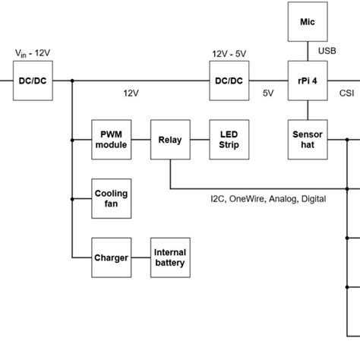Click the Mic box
click(308, 22)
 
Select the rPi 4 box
click(308, 80)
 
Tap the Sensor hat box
click(308, 140)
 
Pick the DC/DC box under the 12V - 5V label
click(229, 80)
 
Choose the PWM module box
click(111, 140)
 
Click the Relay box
click(170, 140)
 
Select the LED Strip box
click(229, 140)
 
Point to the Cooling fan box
click(111, 199)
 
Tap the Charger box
click(111, 257)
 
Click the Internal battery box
click(170, 257)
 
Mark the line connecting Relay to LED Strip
click(200, 140)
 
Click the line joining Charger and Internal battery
click(141, 257)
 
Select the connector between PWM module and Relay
click(141, 140)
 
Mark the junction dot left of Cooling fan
click(72, 199)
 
